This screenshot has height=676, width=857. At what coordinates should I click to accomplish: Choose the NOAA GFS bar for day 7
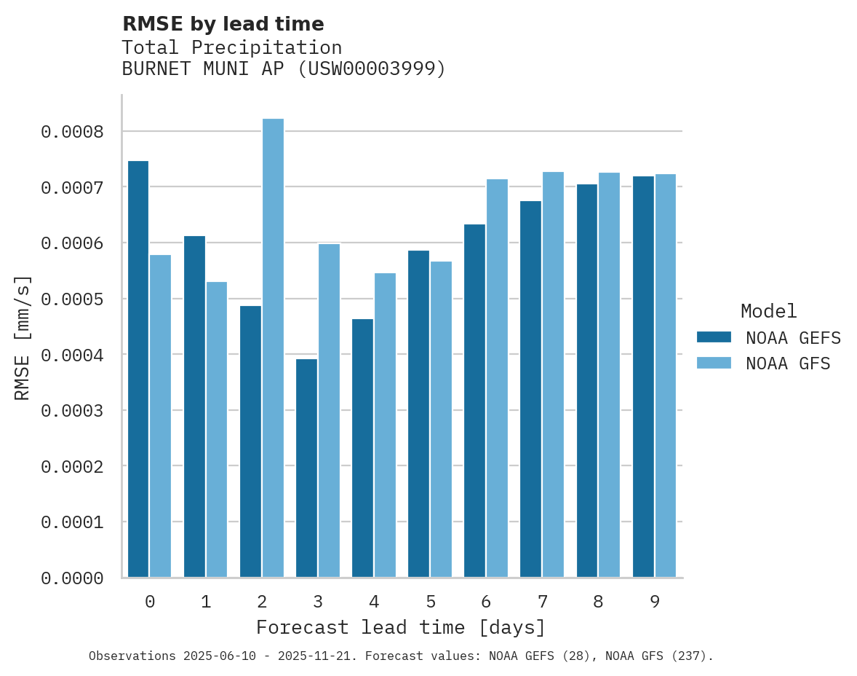[553, 375]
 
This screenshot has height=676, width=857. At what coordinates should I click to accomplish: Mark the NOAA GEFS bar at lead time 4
[362, 448]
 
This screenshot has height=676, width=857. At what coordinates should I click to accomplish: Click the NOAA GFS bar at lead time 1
[217, 430]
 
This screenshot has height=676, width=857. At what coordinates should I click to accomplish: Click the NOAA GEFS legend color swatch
[714, 337]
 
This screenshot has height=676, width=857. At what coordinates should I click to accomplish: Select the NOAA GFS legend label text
[788, 363]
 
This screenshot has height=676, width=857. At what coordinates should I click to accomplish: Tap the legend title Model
[769, 311]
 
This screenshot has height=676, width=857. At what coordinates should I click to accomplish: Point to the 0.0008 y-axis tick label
[72, 132]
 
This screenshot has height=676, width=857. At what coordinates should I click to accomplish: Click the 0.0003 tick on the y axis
[72, 411]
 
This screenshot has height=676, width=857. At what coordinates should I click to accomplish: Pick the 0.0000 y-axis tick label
[72, 578]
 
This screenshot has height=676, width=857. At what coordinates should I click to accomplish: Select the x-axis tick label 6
[486, 602]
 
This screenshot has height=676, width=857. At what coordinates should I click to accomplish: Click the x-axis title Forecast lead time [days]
[400, 627]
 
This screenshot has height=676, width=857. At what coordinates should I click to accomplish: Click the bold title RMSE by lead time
[223, 24]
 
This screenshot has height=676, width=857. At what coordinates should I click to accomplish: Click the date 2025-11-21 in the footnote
[322, 656]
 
